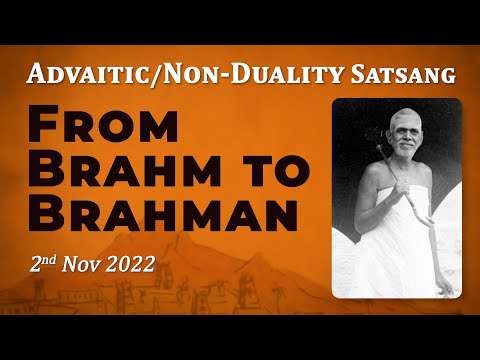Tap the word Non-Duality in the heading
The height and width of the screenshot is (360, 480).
[222, 73]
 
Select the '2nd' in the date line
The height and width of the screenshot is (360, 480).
[43, 265]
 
